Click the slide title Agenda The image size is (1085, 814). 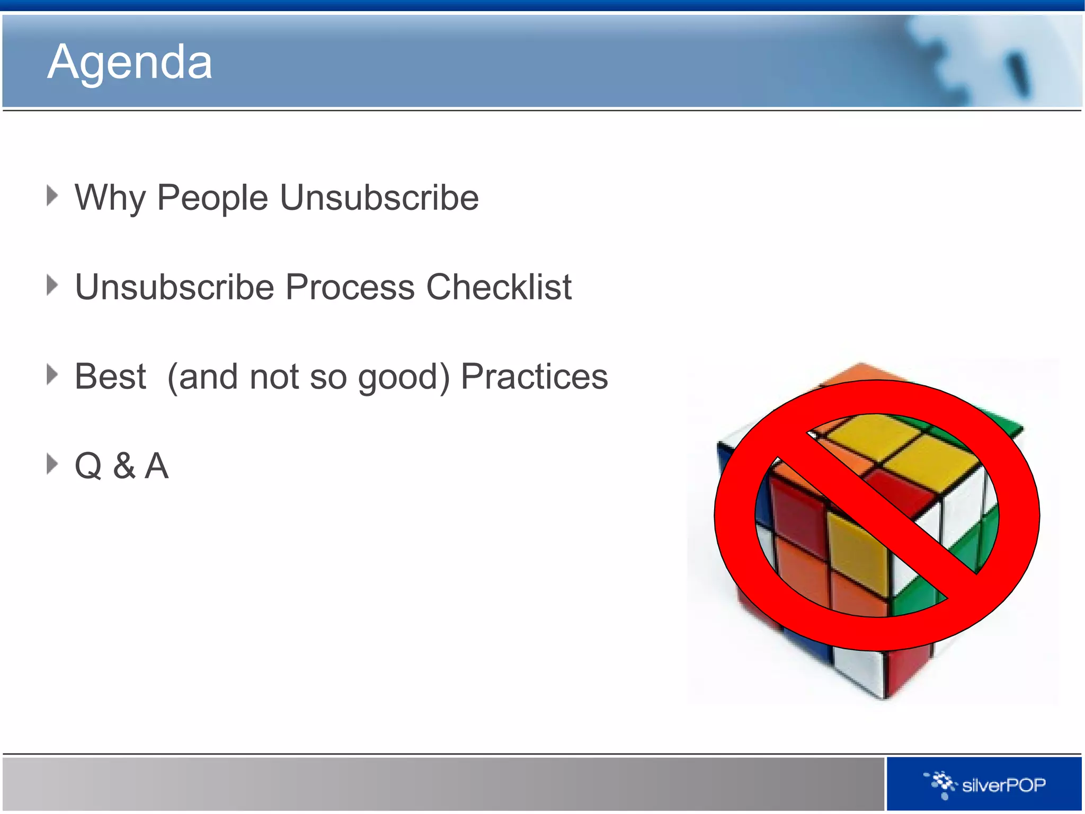[130, 63]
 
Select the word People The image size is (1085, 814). [212, 198]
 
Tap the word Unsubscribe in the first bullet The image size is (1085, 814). [379, 198]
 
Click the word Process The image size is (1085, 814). [350, 287]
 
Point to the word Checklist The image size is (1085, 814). [499, 287]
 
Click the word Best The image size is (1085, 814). [110, 377]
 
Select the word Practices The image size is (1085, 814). [534, 377]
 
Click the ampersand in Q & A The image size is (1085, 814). [124, 466]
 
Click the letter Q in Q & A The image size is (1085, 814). [88, 466]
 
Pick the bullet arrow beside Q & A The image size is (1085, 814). [52, 464]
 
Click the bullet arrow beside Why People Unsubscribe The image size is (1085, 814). [52, 196]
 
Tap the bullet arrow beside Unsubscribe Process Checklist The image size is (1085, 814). [52, 285]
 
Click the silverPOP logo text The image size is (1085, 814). [1003, 785]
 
